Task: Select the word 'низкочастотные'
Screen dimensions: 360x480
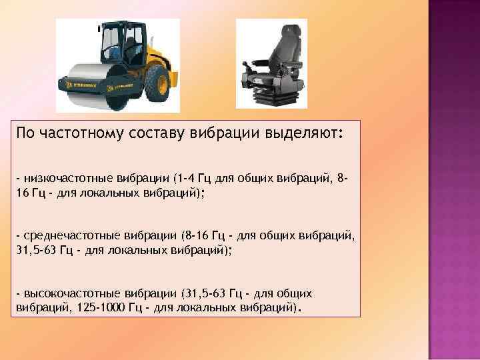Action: (62, 179)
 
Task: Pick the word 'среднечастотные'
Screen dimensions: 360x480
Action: (64, 237)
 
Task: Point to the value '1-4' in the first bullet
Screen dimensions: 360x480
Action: (185, 179)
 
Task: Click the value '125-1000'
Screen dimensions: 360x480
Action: (88, 307)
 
